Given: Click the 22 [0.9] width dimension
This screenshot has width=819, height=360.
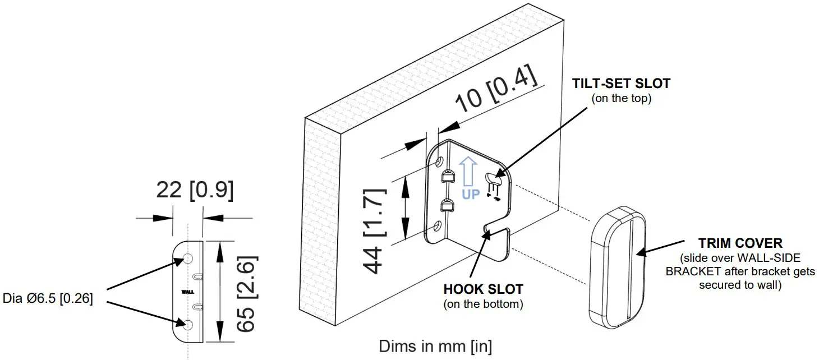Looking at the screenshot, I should [x=194, y=191].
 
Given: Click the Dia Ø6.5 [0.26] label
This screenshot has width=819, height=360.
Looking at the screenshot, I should [x=48, y=297].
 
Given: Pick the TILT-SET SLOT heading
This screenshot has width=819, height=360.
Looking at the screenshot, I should [x=621, y=84].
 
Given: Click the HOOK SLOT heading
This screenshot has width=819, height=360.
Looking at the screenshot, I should [x=483, y=289].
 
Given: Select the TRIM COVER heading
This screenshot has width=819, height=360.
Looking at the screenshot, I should [x=740, y=243].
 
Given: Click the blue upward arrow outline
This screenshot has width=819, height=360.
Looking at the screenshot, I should [x=468, y=170].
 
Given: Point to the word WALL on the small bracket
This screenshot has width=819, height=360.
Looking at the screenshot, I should [x=187, y=292].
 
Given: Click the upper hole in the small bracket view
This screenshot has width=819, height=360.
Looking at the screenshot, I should [x=188, y=259].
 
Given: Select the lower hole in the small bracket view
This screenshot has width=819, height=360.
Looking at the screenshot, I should [x=188, y=325].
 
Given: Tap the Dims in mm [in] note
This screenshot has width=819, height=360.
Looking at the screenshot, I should [x=435, y=345].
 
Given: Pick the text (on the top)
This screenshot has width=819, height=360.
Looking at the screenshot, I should [x=620, y=99].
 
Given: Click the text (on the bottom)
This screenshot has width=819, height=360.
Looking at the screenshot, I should [x=483, y=304].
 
